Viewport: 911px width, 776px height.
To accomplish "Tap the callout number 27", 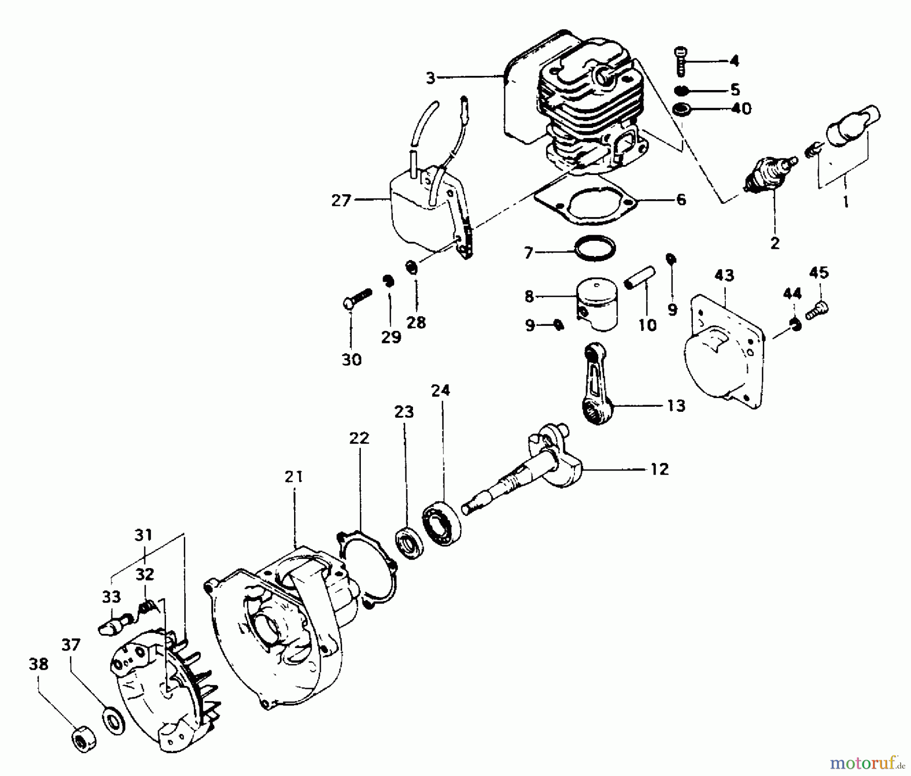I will pos(341,201).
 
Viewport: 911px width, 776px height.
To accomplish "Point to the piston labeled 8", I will pos(598,305).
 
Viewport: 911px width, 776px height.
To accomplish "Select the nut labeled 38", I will pos(80,741).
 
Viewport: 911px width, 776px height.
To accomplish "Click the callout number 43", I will pos(724,276).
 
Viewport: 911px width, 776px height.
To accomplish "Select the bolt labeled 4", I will pos(681,62).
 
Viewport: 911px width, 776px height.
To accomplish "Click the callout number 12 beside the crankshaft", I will pos(659,469).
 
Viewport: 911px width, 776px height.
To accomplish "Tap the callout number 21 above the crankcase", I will pos(294,477).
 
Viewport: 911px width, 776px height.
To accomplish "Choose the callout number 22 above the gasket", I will pos(359,438).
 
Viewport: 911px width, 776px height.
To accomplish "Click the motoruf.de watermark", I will pos(866,761).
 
